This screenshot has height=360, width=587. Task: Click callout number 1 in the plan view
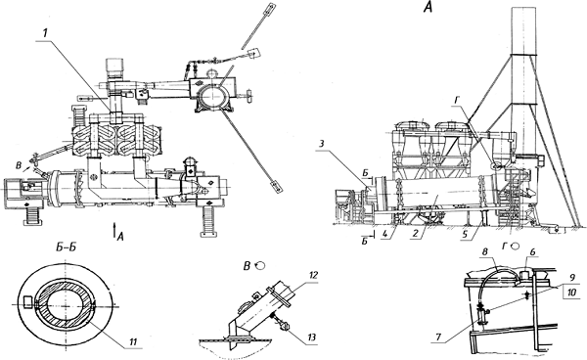[x=45, y=33]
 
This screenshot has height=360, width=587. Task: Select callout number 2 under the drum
[x=415, y=234]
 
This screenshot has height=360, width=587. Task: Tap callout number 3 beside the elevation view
[x=321, y=144]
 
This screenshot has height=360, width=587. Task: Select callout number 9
[x=571, y=278]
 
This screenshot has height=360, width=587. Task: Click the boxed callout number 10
[x=572, y=292]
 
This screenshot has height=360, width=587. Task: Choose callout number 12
[x=313, y=276]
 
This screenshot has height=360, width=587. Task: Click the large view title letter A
[x=428, y=7]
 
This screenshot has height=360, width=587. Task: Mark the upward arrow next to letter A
[x=113, y=229]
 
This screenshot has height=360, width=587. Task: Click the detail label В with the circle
[x=253, y=266]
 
